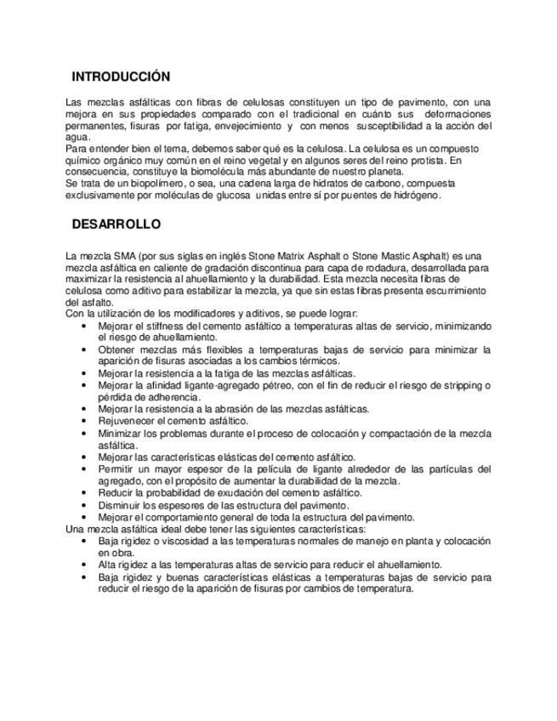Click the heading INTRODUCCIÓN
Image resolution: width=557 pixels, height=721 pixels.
pyautogui.click(x=121, y=75)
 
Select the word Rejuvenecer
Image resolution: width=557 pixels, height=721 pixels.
pyautogui.click(x=128, y=421)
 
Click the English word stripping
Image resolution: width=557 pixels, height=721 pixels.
pyautogui.click(x=458, y=385)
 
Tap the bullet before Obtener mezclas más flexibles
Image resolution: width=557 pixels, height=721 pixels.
pyautogui.click(x=84, y=349)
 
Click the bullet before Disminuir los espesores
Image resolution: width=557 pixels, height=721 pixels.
pyautogui.click(x=84, y=504)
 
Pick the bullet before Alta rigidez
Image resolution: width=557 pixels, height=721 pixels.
pyautogui.click(x=84, y=564)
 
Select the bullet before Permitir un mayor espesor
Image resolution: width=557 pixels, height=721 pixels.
pyautogui.click(x=84, y=468)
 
